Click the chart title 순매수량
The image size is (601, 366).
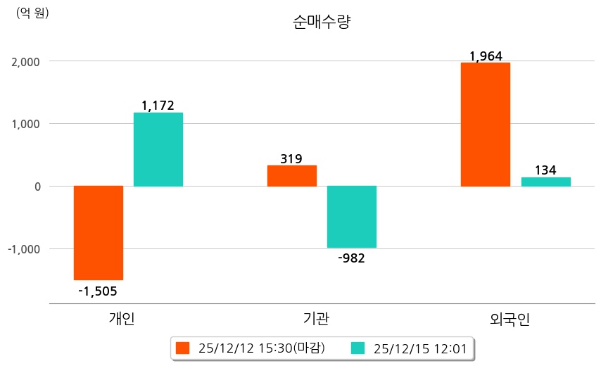pos(321,23)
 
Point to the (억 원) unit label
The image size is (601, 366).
pos(32,13)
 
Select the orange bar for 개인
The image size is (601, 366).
pos(99,232)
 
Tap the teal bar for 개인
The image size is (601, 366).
pos(158,149)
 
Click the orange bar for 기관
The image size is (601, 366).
pos(292,175)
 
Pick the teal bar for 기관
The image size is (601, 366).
pos(352,217)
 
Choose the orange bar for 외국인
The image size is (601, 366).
pos(486,125)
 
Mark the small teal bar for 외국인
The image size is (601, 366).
pos(545,182)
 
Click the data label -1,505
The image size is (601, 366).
pos(98,291)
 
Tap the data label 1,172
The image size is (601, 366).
pos(158,106)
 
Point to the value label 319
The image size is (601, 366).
pos(291,158)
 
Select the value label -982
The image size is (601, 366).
pos(352,258)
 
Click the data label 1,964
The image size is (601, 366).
pos(486,56)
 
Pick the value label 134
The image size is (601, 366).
pos(545,170)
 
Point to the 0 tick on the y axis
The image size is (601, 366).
pos(36,187)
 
